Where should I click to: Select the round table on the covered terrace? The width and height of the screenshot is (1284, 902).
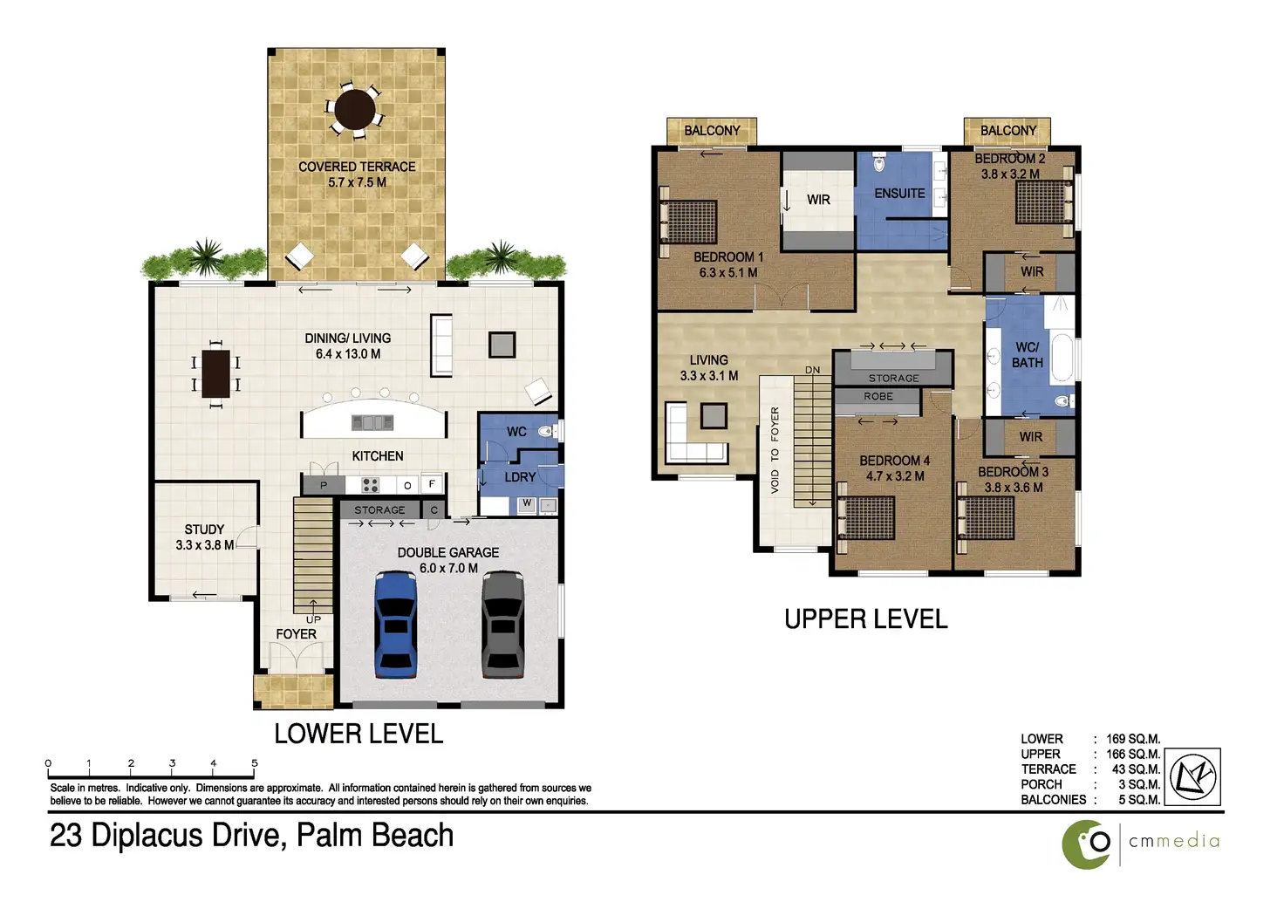point(355,110)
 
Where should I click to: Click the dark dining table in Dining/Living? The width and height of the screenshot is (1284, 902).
point(216,374)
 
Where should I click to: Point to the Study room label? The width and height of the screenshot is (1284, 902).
point(204,530)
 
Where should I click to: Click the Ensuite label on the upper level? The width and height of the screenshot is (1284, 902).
point(899,194)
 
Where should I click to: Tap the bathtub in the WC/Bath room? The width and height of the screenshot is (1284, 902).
point(1062,358)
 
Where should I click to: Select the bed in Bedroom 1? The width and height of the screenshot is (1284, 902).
point(689,222)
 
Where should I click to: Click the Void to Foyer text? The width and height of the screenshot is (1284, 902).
point(775,450)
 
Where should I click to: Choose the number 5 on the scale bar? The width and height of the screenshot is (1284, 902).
point(255,763)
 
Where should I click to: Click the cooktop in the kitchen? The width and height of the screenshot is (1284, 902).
point(371,485)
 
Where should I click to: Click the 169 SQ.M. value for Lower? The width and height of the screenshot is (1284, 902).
point(1133,739)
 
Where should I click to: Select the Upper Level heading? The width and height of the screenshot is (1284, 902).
point(865,619)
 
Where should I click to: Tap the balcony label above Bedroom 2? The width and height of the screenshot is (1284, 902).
point(1008,131)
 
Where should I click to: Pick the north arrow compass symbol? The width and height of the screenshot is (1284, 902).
point(1193,777)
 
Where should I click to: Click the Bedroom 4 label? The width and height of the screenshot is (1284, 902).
point(894,461)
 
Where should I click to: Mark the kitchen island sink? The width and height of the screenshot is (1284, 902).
point(372,422)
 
